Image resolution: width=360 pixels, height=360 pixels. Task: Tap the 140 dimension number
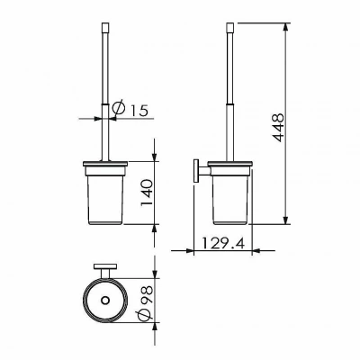(148, 193)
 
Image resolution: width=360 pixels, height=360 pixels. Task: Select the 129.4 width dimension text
(222, 243)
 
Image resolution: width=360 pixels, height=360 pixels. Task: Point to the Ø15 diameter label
(130, 109)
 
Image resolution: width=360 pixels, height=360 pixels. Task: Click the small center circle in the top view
(105, 301)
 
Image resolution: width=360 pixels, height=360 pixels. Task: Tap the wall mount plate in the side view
(196, 170)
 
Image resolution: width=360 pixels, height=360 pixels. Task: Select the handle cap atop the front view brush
(105, 27)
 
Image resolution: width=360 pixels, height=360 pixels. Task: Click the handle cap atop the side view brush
(229, 27)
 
